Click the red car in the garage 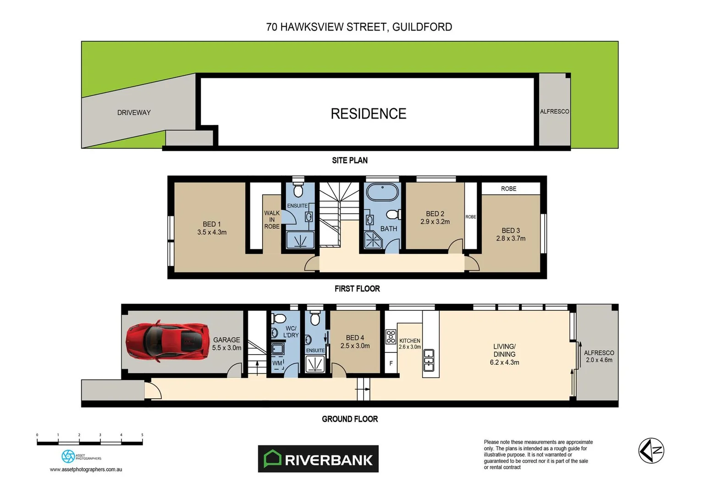(x=167, y=341)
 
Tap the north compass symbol (x=651, y=451)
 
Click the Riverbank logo (x=318, y=459)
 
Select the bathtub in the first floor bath (x=382, y=192)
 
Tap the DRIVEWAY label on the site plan (x=134, y=113)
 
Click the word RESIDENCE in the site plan (x=368, y=114)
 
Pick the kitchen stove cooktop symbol (x=391, y=337)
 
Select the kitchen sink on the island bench (x=429, y=360)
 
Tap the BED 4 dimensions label (x=355, y=346)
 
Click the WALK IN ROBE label (x=272, y=220)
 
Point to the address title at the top (x=359, y=27)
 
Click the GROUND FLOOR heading (x=350, y=419)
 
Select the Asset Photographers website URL (x=86, y=469)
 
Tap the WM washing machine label (x=277, y=363)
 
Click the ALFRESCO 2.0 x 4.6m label (x=599, y=356)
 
